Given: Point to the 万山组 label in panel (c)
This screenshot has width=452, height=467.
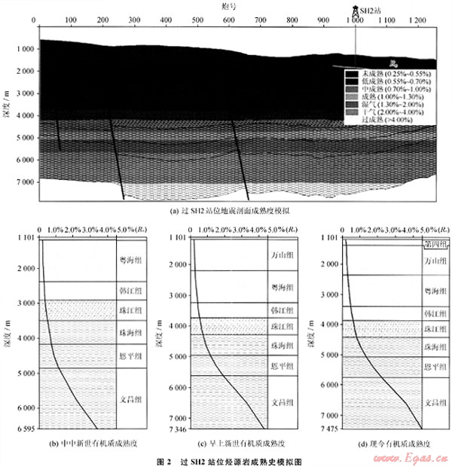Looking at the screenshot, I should click(279, 255).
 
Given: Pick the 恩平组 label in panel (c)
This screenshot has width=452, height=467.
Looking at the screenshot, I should click(279, 366).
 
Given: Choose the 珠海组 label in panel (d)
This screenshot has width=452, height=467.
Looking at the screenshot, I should click(430, 346).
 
